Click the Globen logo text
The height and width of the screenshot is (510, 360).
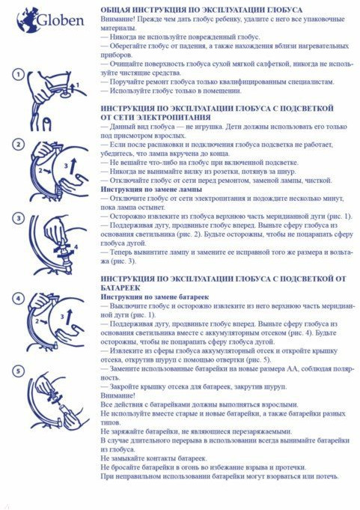(x=61, y=21)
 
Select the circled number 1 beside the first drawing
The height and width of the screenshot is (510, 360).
(x=18, y=74)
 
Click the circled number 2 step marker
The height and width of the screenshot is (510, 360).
(x=18, y=145)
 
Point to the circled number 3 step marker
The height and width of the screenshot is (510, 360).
(x=18, y=218)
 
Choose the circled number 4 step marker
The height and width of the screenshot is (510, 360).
(x=18, y=298)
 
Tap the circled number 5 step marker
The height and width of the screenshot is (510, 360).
(x=18, y=371)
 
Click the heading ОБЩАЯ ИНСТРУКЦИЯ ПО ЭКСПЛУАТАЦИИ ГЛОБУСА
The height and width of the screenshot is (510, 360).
(x=201, y=10)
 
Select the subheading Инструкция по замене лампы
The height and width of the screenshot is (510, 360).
(x=151, y=189)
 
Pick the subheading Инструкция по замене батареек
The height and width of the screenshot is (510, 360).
(x=155, y=297)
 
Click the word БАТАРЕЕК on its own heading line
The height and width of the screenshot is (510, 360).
(x=120, y=288)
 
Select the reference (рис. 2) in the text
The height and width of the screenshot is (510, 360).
(x=190, y=234)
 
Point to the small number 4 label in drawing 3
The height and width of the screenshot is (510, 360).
(x=76, y=248)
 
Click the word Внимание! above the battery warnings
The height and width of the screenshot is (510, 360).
(x=118, y=396)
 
